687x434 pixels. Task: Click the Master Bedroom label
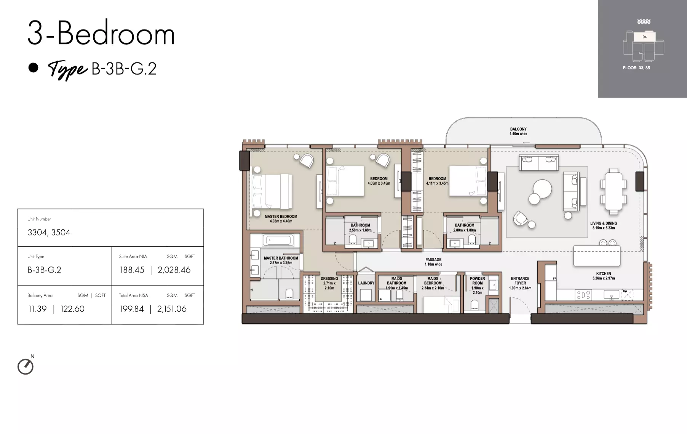click(281, 219)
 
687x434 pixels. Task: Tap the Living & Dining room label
click(604, 225)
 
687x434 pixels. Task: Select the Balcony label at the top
click(518, 131)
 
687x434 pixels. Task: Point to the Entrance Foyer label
click(520, 283)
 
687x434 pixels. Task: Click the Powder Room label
click(478, 286)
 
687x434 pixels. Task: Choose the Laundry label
click(366, 283)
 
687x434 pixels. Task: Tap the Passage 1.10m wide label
click(433, 262)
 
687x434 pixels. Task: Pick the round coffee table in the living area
click(542, 189)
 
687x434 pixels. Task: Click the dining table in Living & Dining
click(613, 191)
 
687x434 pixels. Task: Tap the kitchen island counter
click(597, 255)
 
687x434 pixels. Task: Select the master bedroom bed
click(272, 191)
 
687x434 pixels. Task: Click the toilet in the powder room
click(475, 305)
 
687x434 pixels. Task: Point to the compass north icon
click(26, 366)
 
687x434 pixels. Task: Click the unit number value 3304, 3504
click(49, 232)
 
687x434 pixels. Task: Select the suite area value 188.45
click(132, 270)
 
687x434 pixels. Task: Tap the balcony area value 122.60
click(72, 309)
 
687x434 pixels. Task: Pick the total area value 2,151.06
click(172, 309)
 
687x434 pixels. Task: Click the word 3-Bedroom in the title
click(101, 34)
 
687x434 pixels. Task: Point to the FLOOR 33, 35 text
click(636, 68)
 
